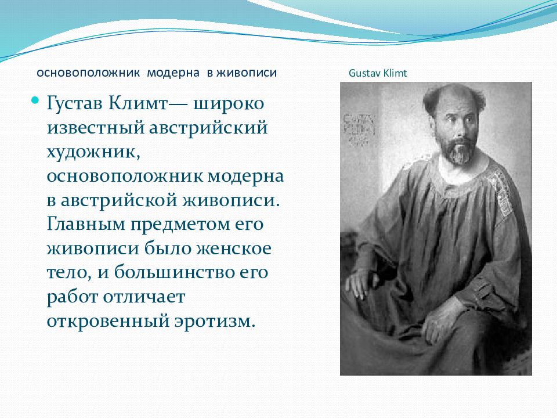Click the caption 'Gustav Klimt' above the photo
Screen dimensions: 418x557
[378, 74]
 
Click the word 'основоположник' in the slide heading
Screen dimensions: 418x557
[89, 73]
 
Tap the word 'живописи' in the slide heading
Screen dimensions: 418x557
[247, 73]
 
